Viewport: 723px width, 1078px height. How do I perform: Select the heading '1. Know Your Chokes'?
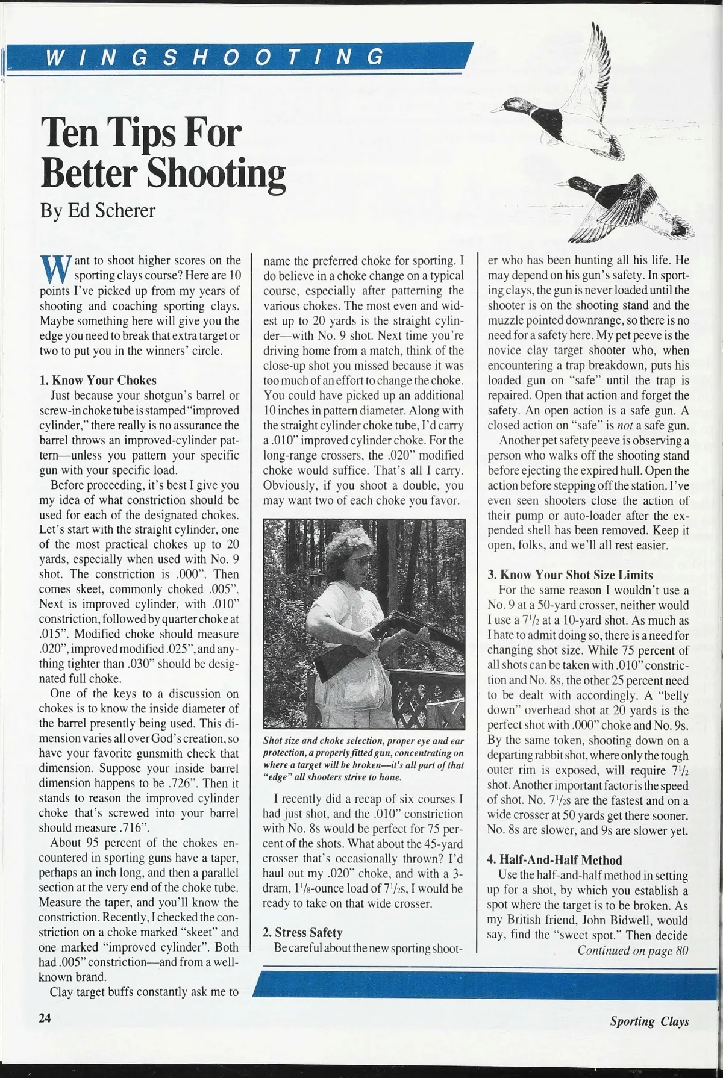click(98, 381)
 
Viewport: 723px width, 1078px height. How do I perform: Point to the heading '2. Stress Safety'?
click(302, 933)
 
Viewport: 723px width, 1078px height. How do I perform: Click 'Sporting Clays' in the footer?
click(649, 1021)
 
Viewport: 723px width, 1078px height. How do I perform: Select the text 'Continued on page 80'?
click(633, 951)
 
